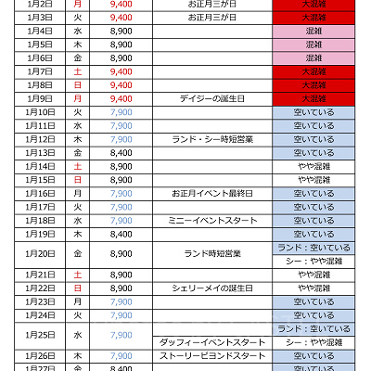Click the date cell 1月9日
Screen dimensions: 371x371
pyautogui.click(x=39, y=98)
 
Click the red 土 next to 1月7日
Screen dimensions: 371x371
pyautogui.click(x=77, y=71)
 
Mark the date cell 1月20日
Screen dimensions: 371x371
pyautogui.click(x=39, y=254)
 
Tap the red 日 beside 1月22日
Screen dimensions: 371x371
pyautogui.click(x=77, y=288)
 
